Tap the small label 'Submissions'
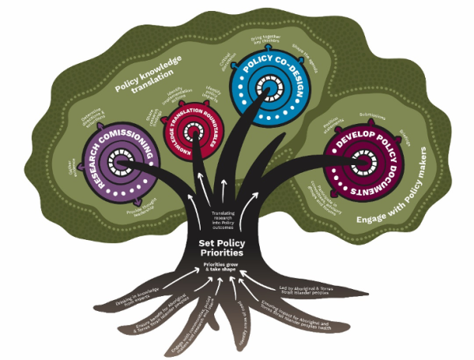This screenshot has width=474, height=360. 370,114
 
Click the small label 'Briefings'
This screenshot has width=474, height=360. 408,134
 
